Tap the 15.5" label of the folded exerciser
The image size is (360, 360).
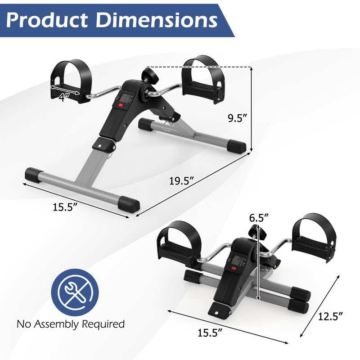[210, 333]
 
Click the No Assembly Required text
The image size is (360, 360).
[71, 324]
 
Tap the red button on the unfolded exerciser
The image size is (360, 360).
[121, 106]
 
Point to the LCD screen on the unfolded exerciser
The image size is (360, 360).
[126, 98]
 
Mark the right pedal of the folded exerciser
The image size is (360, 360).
[313, 236]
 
